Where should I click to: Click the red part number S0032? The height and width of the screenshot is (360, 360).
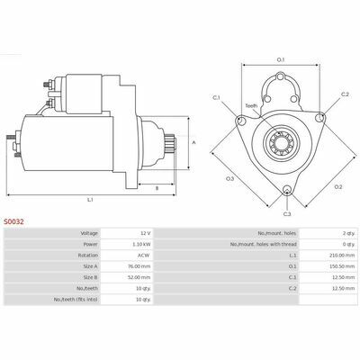point(13,221)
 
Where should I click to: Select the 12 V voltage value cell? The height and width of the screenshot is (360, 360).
point(147,233)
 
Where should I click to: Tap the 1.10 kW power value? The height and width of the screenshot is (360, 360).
point(141,244)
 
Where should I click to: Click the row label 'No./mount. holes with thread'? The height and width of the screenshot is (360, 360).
point(264,244)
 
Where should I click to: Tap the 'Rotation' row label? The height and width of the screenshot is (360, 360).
point(88,256)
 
